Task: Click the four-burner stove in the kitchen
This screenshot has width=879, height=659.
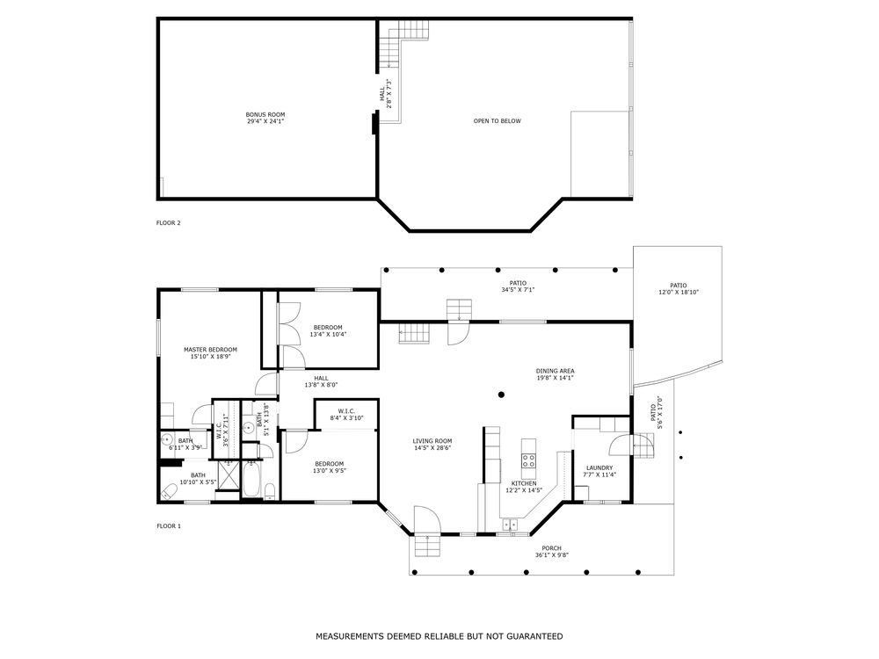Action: point(528,460)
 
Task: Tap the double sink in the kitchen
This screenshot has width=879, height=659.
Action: point(510,525)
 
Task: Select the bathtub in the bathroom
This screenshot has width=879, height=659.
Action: point(251,480)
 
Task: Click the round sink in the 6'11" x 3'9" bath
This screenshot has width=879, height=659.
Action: point(166,438)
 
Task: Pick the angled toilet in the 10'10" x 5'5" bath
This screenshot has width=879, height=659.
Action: point(170,491)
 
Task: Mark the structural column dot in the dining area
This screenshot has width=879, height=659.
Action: point(501,395)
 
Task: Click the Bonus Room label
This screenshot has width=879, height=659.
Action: point(265,118)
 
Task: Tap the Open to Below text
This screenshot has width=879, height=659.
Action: point(498,121)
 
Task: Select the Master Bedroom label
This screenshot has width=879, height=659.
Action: point(210,352)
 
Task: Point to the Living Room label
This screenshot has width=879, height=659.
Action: point(432,445)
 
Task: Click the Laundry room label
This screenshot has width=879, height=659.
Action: point(599,471)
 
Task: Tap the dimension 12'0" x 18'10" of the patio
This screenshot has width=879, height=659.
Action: point(679,292)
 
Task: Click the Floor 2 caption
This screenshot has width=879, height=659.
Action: point(168,223)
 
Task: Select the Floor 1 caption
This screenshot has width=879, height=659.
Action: point(168,526)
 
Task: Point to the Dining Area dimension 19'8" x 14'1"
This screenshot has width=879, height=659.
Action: point(555,378)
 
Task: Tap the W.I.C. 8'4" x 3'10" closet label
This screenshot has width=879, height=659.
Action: point(346,414)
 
